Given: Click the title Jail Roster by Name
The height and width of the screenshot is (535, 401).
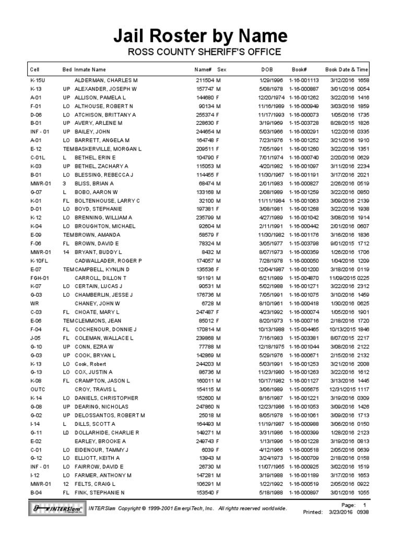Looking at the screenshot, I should (x=200, y=36).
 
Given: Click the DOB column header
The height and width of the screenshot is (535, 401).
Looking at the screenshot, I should (x=267, y=69).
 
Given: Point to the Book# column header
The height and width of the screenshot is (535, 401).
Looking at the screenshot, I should (x=299, y=69).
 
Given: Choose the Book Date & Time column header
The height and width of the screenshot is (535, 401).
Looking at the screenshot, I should (x=346, y=69).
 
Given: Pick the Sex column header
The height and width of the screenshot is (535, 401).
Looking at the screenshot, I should (x=221, y=69).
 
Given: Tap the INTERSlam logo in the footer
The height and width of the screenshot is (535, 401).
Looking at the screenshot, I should (x=56, y=508).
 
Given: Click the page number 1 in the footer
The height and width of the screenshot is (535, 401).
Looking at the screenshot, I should (x=364, y=505).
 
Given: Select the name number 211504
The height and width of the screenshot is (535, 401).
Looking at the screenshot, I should (x=205, y=81).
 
